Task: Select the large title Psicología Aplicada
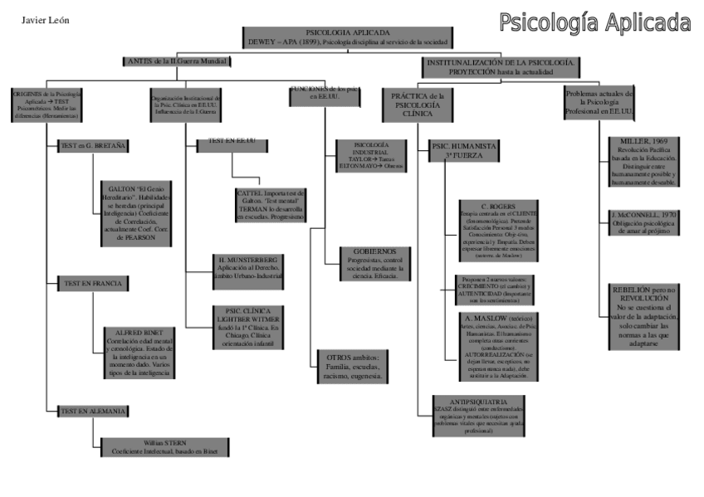coord(594,22)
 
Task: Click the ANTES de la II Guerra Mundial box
coord(176,61)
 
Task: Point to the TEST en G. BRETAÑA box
coord(93,146)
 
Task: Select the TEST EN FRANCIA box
coord(92,284)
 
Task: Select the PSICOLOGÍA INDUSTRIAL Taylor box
coord(370,156)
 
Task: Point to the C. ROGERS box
coord(498,231)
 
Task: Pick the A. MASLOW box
coord(498,346)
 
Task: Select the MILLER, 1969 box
coord(643,163)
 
